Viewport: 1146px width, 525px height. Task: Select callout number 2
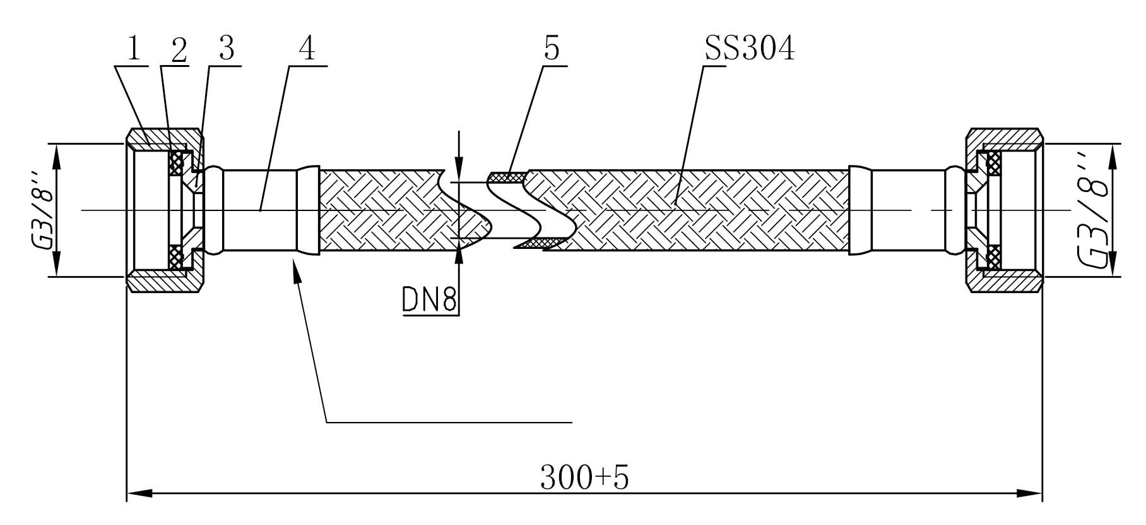[x=179, y=49]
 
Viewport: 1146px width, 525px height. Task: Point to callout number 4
[x=307, y=48]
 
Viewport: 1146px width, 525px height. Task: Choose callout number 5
[x=552, y=49]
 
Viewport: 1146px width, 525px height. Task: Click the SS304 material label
[x=749, y=49]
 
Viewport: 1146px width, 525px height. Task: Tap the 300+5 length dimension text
[x=584, y=478]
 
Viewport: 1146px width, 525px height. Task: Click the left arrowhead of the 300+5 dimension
[x=139, y=493]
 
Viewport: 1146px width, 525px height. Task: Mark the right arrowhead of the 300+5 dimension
[x=1029, y=493]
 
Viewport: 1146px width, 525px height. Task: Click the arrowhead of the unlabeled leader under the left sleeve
[x=295, y=270]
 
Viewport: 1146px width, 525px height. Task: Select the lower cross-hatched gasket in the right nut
[x=995, y=256]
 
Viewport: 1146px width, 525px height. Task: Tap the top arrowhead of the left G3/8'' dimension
[x=56, y=157]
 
